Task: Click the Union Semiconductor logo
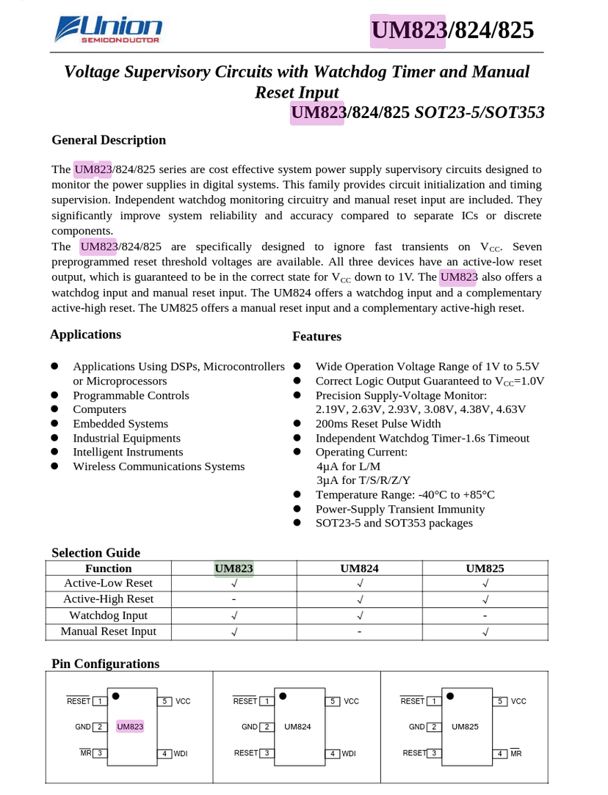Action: (108, 30)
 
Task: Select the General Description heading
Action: (109, 140)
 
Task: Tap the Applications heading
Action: (85, 334)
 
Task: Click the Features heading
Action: (316, 337)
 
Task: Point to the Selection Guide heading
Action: (95, 553)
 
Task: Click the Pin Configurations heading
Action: (105, 664)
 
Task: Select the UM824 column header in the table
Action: (359, 568)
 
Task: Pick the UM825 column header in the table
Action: (485, 568)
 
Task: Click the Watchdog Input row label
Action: (108, 615)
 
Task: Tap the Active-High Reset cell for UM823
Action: (234, 599)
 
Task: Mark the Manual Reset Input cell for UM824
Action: (359, 631)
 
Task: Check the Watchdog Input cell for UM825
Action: (485, 615)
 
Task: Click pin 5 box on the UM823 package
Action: (166, 701)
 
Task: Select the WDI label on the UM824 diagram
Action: (349, 753)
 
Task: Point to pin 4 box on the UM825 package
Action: (500, 753)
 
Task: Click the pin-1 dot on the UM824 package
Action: (283, 695)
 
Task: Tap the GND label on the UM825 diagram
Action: (416, 727)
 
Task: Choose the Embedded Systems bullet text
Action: (120, 424)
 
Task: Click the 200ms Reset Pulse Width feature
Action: (378, 424)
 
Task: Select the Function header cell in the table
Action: (108, 568)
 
